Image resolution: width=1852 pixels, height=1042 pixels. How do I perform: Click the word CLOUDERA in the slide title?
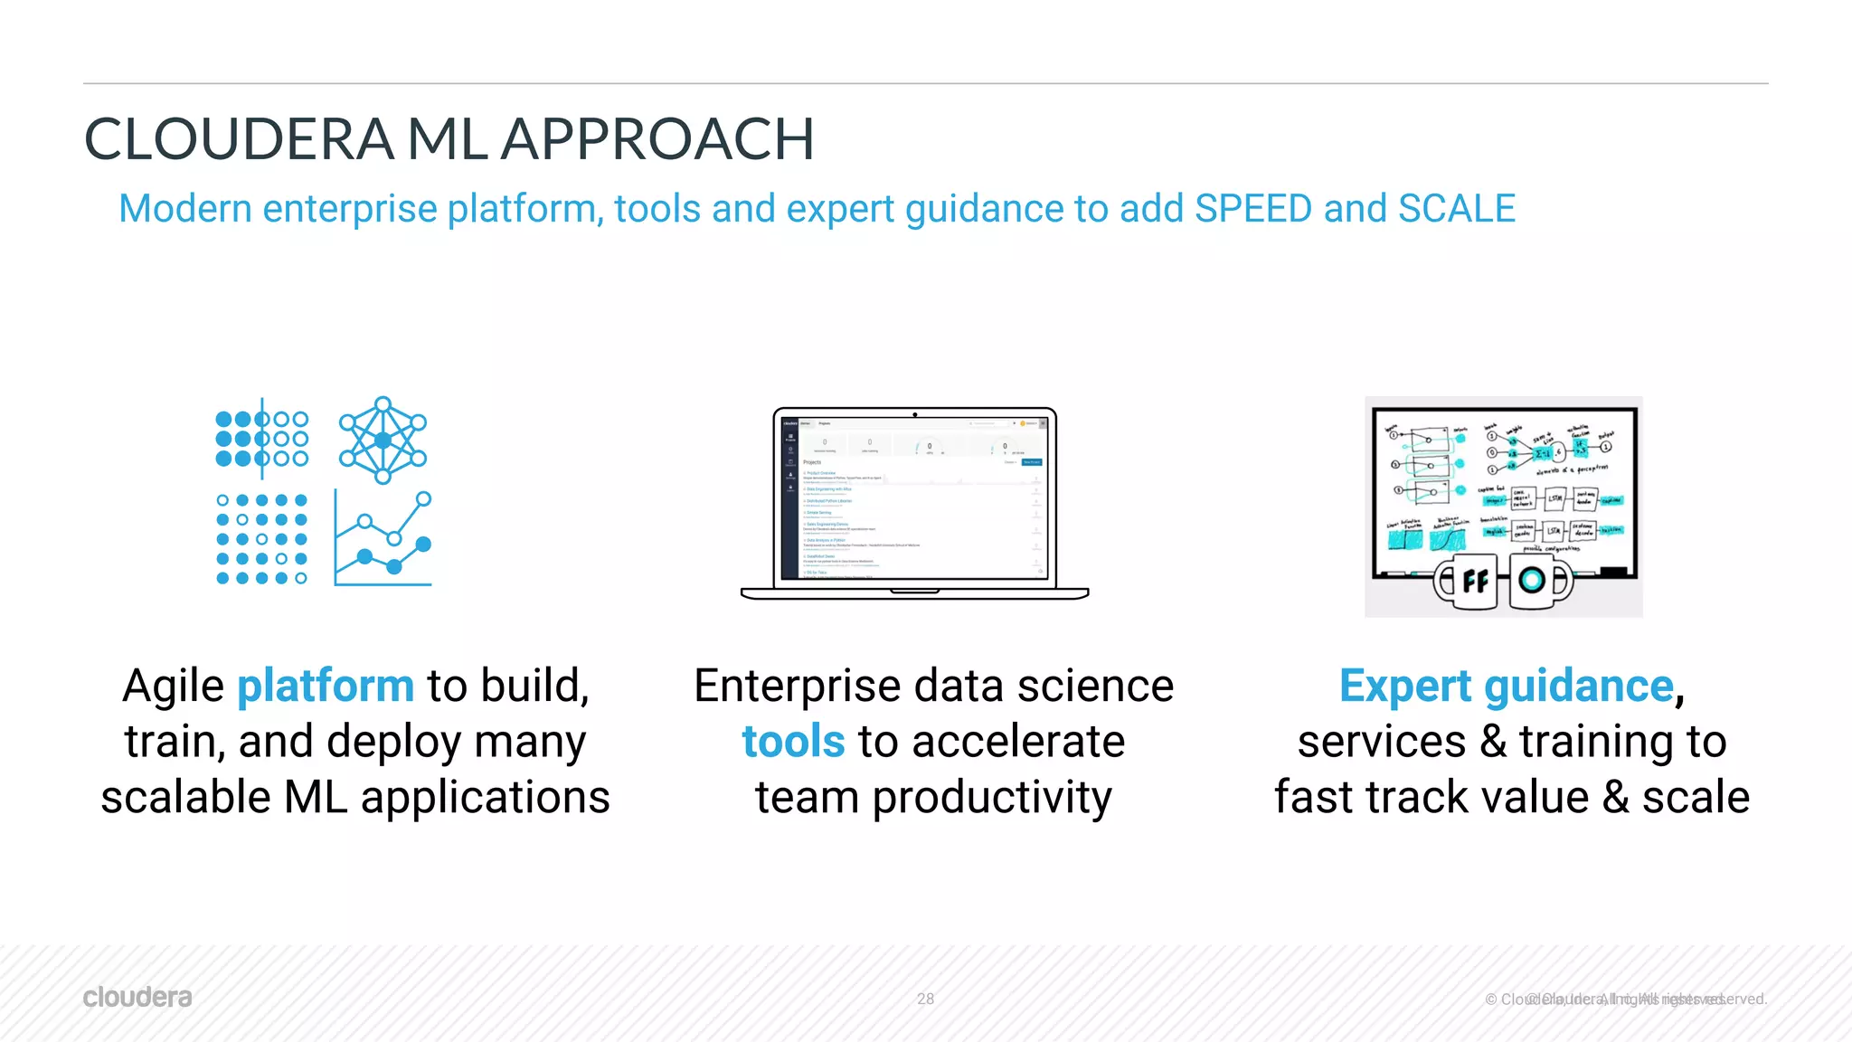coord(239,140)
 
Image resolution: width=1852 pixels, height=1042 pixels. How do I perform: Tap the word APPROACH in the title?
coord(657,140)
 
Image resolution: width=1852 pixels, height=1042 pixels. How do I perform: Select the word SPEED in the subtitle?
coord(1252,209)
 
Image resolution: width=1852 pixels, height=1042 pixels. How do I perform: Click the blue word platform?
coord(326,687)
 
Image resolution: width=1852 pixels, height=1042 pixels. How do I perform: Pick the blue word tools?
coord(793,742)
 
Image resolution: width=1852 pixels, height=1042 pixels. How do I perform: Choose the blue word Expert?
coord(1405,687)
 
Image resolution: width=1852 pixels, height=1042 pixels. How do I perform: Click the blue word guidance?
coord(1579,687)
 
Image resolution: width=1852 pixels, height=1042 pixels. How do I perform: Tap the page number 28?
coord(925,999)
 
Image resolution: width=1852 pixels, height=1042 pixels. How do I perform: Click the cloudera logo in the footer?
coord(137,997)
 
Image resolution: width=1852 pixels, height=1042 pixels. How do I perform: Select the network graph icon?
coord(383,440)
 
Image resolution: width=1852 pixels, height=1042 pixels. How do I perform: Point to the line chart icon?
coord(383,539)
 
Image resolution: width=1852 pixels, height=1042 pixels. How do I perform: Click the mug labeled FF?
coord(1467,582)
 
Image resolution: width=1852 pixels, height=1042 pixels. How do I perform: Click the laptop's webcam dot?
coord(914,415)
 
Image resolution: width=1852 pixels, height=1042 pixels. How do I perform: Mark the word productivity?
coord(991,798)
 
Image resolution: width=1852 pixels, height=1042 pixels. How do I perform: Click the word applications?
coord(485,798)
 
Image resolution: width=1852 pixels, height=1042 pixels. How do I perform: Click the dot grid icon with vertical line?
coord(262,440)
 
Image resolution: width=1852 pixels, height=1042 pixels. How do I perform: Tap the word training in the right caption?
coord(1596,742)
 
